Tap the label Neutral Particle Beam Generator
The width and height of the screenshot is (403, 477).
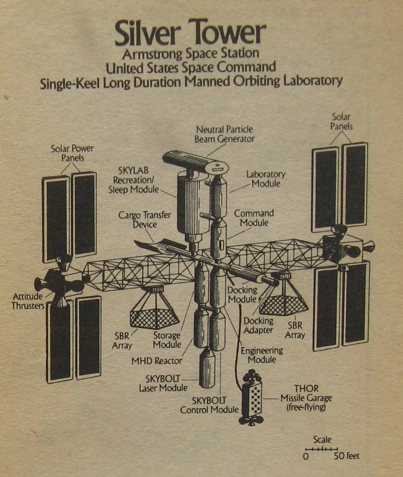(x=224, y=134)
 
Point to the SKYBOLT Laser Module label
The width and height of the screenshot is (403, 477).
(x=163, y=384)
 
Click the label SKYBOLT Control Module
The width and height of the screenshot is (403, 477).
(x=209, y=405)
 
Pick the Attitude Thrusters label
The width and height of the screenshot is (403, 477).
(x=28, y=301)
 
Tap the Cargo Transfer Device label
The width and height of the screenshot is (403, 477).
(x=145, y=220)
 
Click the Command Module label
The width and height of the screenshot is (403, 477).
(x=254, y=218)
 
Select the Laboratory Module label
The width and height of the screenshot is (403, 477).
(x=266, y=179)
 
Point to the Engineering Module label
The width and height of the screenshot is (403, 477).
(x=262, y=355)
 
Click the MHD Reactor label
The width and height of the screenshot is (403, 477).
(x=157, y=361)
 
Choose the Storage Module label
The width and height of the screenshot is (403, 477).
(x=167, y=340)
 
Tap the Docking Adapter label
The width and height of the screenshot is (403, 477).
(x=259, y=325)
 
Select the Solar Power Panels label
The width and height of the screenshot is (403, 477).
(x=72, y=152)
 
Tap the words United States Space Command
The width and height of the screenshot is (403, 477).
(x=191, y=67)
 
